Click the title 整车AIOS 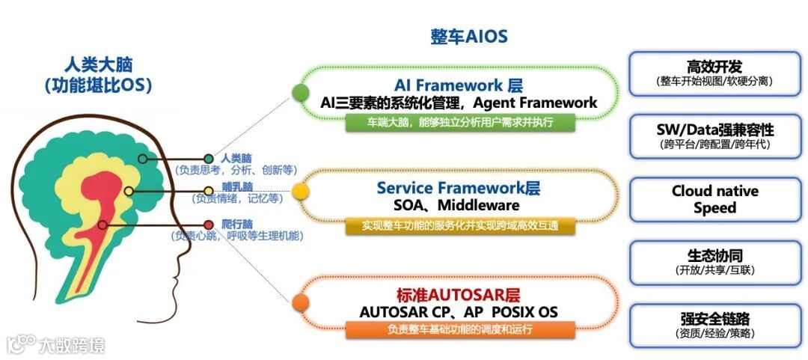tap(468, 37)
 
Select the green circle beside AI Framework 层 tap(300, 93)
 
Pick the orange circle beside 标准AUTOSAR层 tap(300, 302)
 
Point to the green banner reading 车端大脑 tap(459, 122)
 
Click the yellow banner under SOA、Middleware tap(459, 225)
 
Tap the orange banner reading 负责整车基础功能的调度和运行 tap(459, 329)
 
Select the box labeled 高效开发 tap(714, 73)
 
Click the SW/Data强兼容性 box tap(714, 135)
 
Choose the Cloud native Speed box tap(714, 199)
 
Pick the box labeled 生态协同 tap(714, 261)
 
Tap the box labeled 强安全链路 tap(714, 325)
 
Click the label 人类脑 tap(236, 159)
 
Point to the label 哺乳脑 tap(236, 186)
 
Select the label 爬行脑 tap(236, 223)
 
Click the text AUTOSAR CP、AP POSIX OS tap(459, 311)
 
